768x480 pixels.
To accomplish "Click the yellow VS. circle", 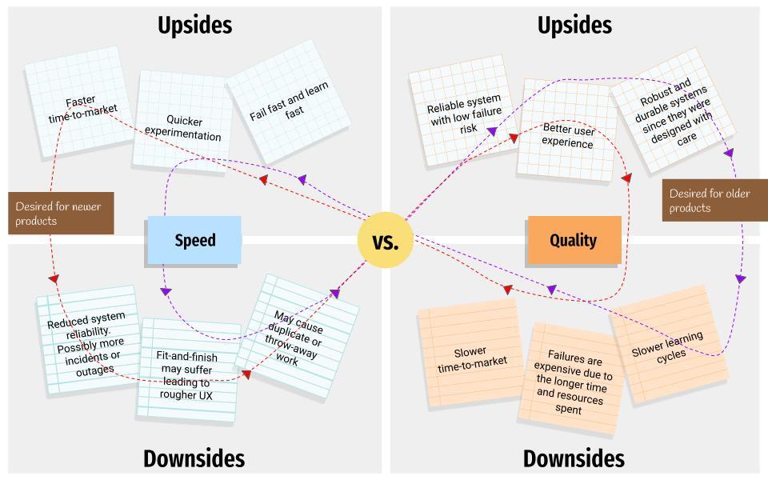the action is [386, 240].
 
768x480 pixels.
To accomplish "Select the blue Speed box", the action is [194, 240].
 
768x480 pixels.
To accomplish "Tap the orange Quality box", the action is [574, 240].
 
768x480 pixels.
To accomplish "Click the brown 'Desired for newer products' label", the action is [61, 213].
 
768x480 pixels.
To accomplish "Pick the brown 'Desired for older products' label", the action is [714, 200].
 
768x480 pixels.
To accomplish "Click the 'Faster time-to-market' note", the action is [79, 102].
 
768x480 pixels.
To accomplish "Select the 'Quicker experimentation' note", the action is [182, 121].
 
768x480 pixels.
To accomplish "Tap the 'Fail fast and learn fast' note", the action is [288, 102].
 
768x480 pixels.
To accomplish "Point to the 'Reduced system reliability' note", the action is [88, 339].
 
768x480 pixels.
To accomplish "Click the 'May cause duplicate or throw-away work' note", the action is [298, 337].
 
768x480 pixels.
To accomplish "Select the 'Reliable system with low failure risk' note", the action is [463, 110].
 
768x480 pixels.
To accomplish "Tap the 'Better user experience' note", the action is [567, 130].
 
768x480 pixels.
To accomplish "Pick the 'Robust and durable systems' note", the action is [673, 110].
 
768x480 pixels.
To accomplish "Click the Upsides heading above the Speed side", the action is [195, 26].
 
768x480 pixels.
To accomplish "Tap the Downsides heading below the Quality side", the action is [574, 458].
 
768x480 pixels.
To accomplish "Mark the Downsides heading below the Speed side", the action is [194, 458].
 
